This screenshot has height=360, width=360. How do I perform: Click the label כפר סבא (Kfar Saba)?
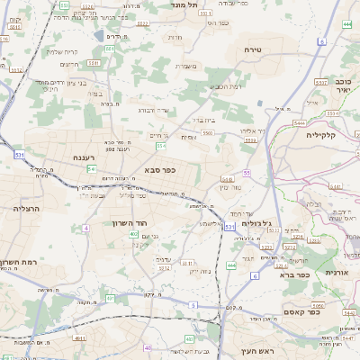pyautogui.click(x=159, y=169)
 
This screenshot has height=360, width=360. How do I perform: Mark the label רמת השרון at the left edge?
pyautogui.click(x=16, y=262)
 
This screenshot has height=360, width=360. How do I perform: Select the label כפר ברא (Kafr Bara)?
pyautogui.click(x=293, y=274)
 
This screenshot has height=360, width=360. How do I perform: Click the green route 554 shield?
pyautogui.click(x=161, y=145)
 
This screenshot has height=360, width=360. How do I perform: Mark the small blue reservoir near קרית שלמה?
pyautogui.click(x=98, y=36)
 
